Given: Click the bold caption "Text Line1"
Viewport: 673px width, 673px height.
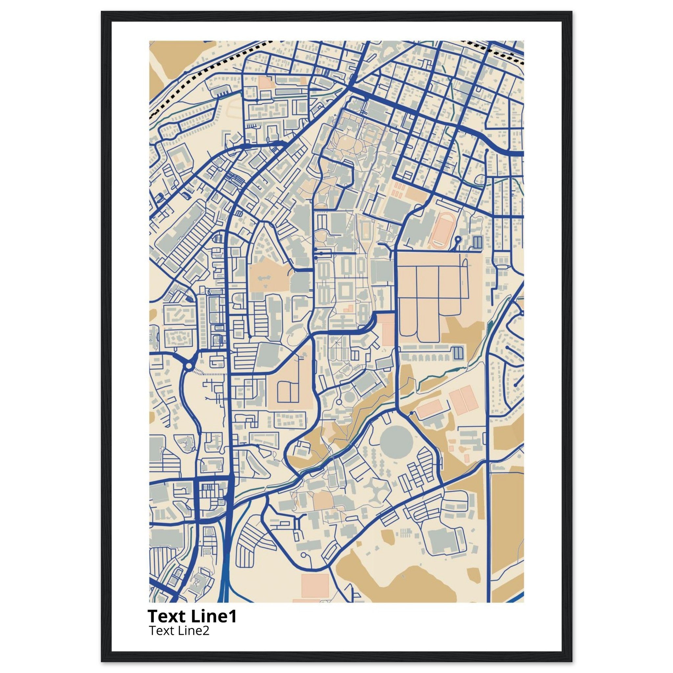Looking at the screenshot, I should (192, 616).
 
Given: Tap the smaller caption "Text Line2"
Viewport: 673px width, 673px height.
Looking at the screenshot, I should (179, 631).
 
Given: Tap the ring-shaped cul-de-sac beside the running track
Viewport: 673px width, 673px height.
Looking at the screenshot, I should (458, 239).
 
